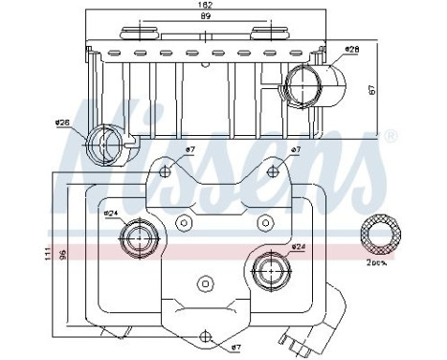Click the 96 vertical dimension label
(62, 256)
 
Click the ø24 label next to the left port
(111, 213)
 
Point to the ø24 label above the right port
(298, 247)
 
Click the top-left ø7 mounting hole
(167, 172)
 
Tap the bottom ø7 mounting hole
(206, 335)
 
